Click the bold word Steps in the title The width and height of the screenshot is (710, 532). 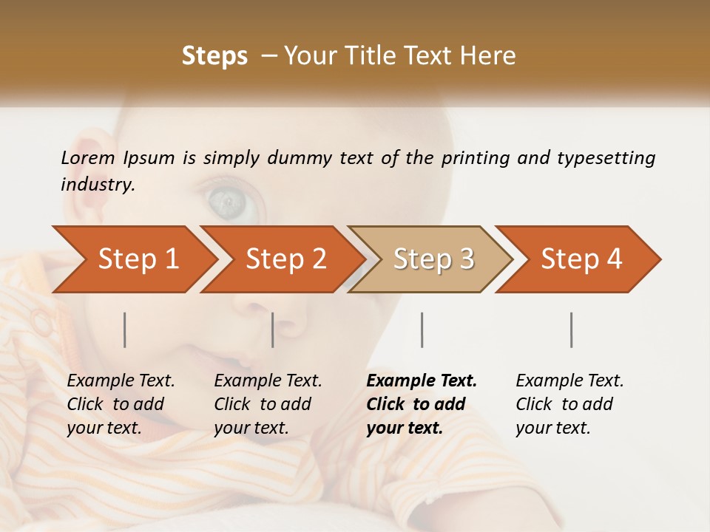(214, 56)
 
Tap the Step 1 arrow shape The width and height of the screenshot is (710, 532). (138, 259)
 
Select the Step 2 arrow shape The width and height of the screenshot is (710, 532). (285, 259)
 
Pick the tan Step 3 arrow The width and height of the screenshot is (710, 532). (433, 259)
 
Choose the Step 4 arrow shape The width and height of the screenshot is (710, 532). (581, 259)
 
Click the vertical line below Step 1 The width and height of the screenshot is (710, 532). (125, 330)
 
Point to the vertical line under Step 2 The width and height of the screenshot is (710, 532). (273, 330)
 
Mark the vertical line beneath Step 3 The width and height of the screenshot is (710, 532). (422, 330)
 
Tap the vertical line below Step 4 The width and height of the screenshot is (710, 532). (572, 330)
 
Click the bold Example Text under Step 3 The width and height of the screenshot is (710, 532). (422, 404)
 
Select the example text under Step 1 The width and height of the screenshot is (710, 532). (121, 404)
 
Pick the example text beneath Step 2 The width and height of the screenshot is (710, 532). (268, 404)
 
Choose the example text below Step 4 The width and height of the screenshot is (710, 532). (569, 404)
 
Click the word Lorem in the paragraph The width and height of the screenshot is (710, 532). (88, 157)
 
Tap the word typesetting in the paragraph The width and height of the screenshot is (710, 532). (606, 158)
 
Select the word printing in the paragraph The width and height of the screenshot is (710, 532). (474, 158)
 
